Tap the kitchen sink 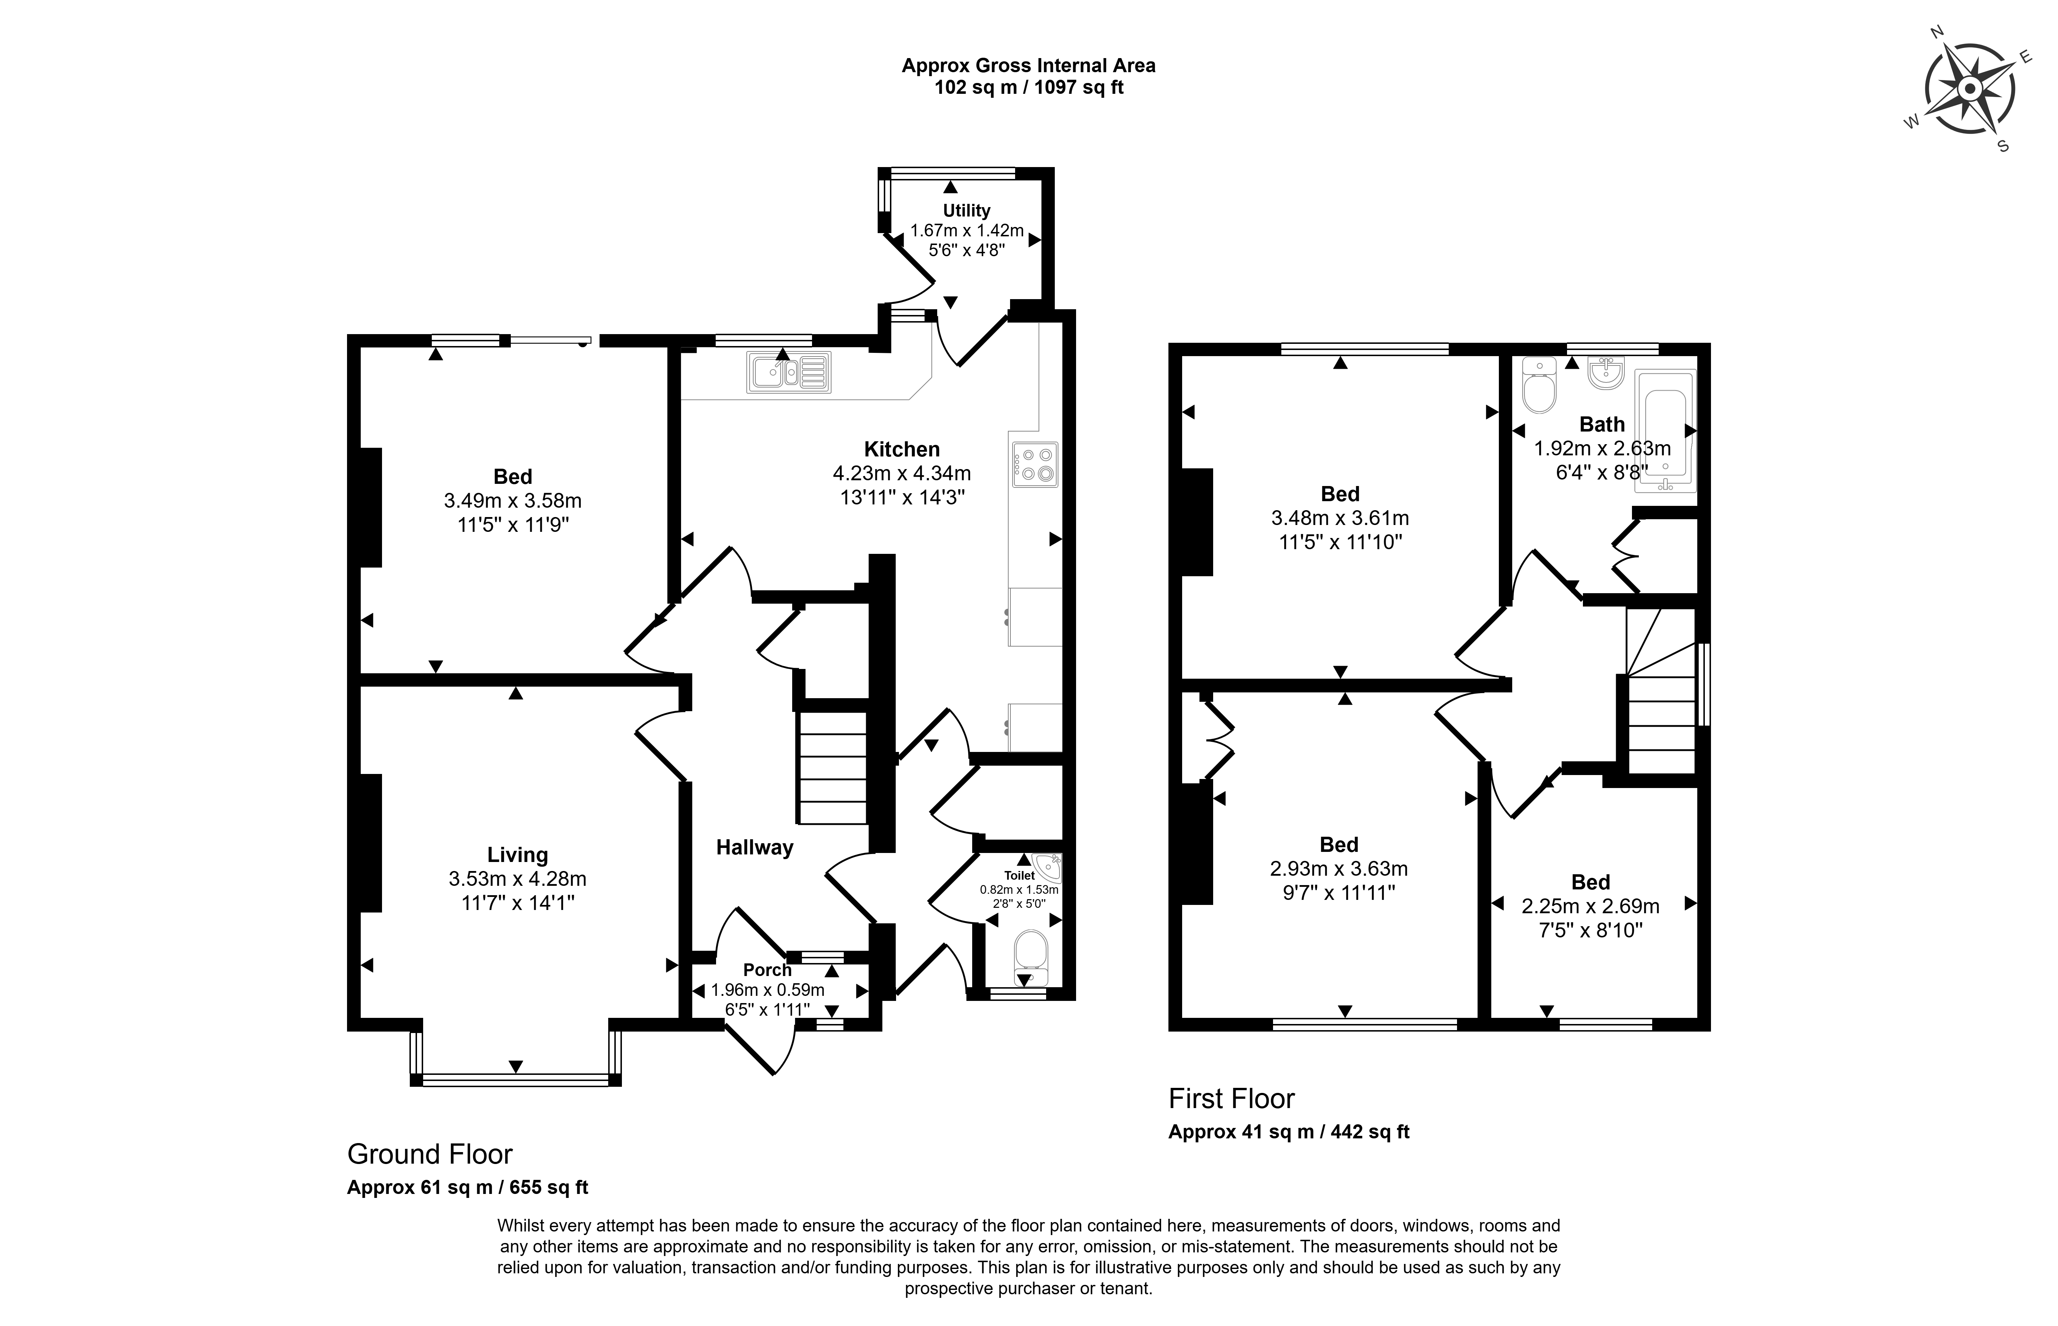(789, 372)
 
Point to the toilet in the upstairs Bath (1539, 385)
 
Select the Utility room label (967, 210)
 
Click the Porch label (767, 970)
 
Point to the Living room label (517, 855)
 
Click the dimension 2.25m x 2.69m (1590, 906)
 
